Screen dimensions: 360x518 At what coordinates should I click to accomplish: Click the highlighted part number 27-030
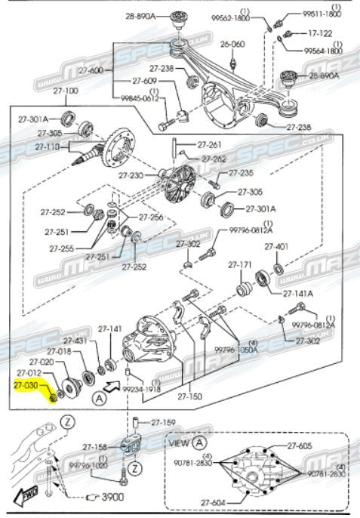point(26,385)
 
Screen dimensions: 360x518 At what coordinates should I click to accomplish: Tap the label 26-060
point(232,44)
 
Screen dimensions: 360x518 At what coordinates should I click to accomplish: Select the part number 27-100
point(66,91)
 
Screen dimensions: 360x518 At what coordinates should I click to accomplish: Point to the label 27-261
point(209,144)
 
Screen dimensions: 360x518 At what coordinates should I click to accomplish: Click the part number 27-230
point(131,175)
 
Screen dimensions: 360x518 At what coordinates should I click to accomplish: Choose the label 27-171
point(240,264)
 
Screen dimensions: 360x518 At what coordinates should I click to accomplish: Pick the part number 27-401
point(276,246)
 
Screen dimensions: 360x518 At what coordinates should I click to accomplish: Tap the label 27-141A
point(298,293)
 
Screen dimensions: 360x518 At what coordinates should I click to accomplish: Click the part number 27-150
point(189,396)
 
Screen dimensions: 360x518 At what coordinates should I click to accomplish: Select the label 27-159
point(163,422)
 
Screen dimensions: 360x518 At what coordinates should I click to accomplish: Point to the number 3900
point(112,497)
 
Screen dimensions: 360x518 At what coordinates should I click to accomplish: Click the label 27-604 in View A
point(213,503)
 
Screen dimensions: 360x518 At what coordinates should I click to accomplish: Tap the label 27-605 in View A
point(300,446)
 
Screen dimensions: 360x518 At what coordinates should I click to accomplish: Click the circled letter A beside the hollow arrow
point(99,399)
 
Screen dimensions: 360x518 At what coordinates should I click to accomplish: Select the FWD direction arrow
point(26,495)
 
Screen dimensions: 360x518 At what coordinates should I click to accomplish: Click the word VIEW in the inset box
point(180,442)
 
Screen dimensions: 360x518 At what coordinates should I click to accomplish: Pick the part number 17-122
point(320,33)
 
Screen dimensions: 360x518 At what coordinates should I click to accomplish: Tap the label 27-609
point(144,81)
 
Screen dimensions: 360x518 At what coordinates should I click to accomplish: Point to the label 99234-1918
point(142,389)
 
